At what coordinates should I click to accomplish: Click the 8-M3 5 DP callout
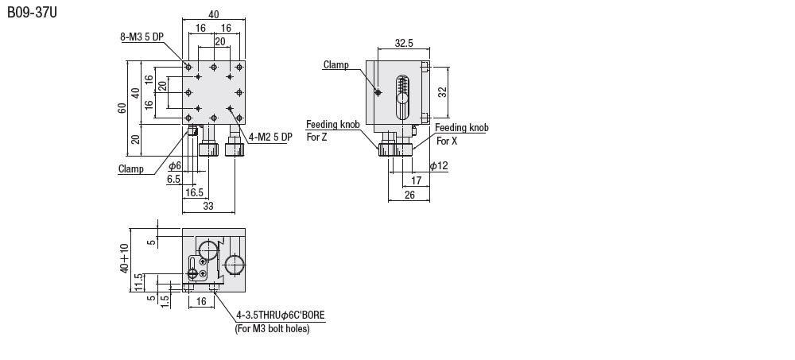pos(142,37)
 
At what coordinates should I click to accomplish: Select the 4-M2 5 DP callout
pos(271,136)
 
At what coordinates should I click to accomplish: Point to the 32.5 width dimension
pos(404,44)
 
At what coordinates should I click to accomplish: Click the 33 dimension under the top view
pos(208,206)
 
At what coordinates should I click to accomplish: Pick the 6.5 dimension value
pos(173,180)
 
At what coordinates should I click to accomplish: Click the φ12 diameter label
pos(439,165)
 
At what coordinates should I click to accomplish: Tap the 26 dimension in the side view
pos(409,194)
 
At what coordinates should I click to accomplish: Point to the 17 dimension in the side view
pos(417,180)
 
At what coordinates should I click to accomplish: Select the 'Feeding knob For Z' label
pos(333,130)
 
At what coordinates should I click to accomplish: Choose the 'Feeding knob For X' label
pos(461,134)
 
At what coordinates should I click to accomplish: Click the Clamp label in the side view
pos(335,64)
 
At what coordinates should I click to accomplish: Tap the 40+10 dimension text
pos(124,259)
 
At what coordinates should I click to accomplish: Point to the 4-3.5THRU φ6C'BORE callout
pos(281,315)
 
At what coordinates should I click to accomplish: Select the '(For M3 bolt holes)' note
pos(272,328)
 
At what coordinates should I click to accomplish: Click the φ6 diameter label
pos(175,166)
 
